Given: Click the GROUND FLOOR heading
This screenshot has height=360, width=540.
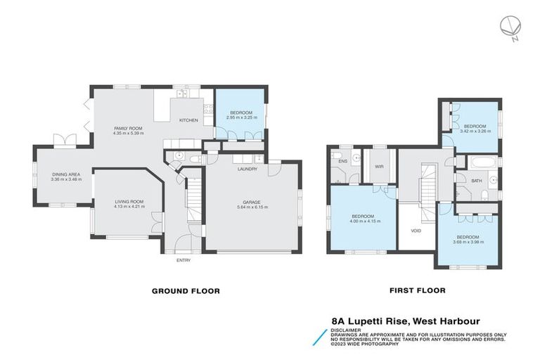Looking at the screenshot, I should point(186,290).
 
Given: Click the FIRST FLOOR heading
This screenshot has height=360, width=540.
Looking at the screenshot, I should point(416,290).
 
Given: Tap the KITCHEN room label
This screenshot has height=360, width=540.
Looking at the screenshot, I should point(189,120).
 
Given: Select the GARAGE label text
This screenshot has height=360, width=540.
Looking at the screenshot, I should point(252,202).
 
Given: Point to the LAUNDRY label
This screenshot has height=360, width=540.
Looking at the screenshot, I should point(247,169).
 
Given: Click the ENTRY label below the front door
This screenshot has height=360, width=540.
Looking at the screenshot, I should point(184,260).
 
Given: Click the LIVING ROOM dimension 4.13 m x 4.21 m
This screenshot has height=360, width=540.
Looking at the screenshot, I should point(129,207).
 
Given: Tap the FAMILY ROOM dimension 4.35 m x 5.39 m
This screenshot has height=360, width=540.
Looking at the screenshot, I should point(129,133).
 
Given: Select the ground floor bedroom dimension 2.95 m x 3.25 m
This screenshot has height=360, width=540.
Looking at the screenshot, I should point(241,117).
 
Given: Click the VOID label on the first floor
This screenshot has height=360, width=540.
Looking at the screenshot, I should point(416,230).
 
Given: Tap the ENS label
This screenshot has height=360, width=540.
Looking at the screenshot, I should point(342,162).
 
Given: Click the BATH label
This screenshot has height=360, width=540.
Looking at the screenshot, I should point(477,181).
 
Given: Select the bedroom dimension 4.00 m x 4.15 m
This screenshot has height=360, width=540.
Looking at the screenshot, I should point(366,221).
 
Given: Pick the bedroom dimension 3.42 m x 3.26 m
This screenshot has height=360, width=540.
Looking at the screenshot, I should point(475,131).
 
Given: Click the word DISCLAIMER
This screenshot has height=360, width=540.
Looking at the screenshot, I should point(347,329).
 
